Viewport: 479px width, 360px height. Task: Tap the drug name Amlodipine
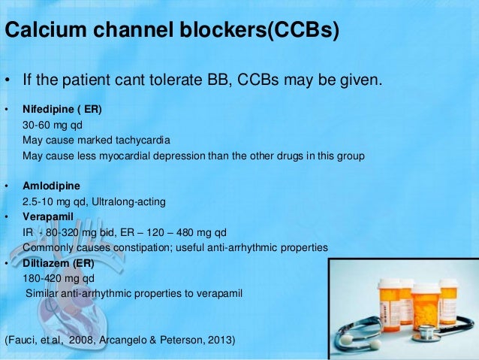point(51,186)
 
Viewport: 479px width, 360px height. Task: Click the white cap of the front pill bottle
point(426,289)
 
